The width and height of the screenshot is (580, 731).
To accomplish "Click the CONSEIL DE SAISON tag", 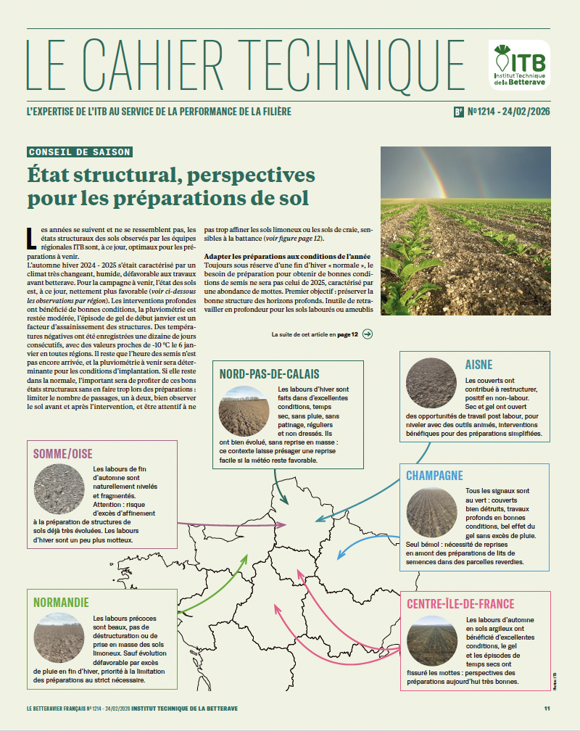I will coord(80,152).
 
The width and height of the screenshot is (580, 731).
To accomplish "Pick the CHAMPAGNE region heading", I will coord(435,476).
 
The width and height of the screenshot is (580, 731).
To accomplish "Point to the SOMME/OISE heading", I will coord(62,454).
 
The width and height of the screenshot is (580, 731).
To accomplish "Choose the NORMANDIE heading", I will coord(62,602).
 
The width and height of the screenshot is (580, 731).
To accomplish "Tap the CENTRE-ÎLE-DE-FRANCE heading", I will coord(460,603).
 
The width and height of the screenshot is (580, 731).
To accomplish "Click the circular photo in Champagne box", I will coord(431,513).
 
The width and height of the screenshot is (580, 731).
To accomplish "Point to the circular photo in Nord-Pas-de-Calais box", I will coord(244,410).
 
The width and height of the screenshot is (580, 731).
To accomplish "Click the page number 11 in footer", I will coord(547,708).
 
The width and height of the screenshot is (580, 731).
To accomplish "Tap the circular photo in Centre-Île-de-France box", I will coord(431,640).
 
